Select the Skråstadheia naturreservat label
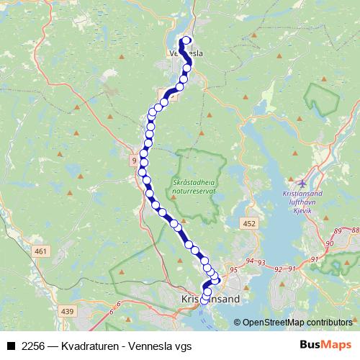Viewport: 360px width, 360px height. point(194,188)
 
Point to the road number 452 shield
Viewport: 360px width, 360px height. point(249,225)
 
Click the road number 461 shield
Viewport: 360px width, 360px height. point(40,251)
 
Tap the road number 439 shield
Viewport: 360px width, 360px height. point(68,311)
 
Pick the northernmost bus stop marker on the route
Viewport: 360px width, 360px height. point(187,40)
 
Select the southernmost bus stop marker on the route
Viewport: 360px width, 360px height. point(204,301)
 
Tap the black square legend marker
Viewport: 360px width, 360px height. point(12,346)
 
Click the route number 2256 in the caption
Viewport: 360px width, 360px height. point(33,346)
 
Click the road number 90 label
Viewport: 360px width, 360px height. point(330,245)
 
